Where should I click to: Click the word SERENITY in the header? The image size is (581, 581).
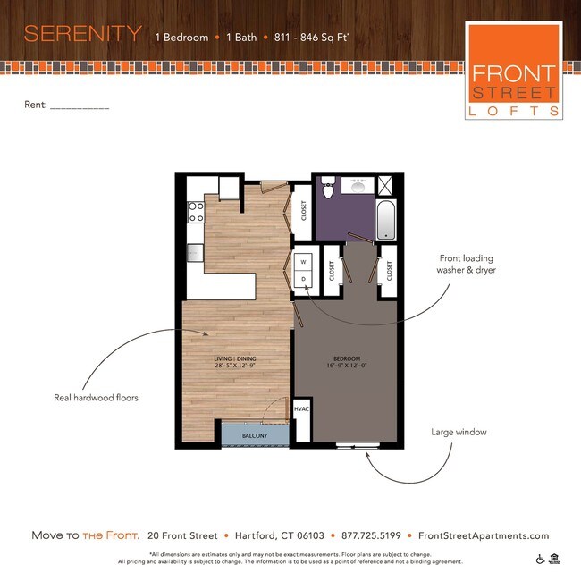tap(82, 35)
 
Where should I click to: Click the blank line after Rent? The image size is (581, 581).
tap(80, 105)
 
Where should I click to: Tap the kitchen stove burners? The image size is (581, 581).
tap(196, 213)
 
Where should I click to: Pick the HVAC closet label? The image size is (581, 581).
tap(301, 410)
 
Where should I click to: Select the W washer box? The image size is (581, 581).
tap(303, 262)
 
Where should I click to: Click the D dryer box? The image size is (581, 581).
tap(303, 279)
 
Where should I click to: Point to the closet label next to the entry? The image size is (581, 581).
tap(304, 211)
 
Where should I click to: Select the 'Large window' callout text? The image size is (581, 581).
tap(459, 433)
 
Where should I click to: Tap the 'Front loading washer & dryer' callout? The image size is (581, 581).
tap(466, 263)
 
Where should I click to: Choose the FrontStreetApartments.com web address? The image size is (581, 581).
tap(484, 535)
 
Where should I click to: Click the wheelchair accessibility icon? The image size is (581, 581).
tap(540, 560)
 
